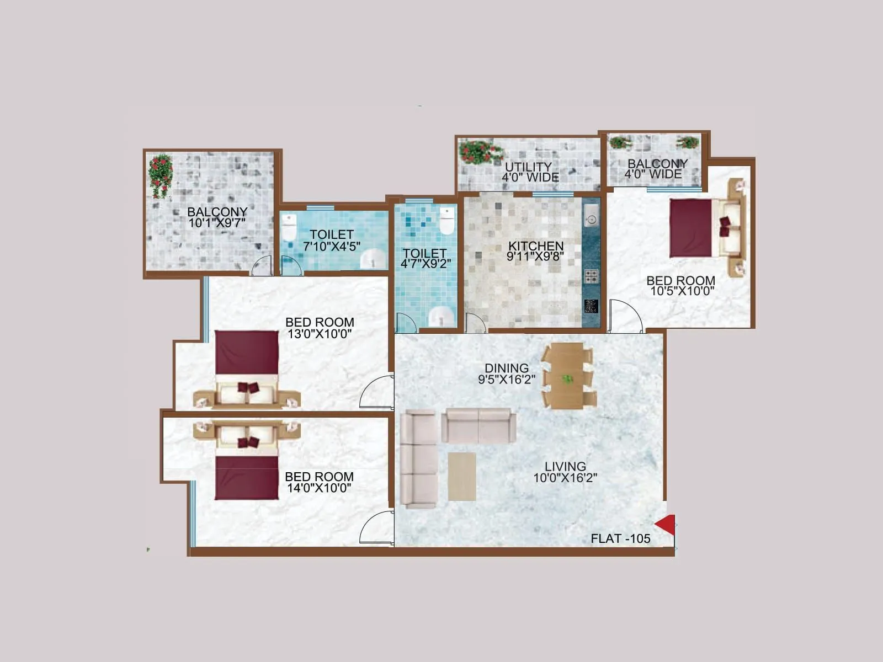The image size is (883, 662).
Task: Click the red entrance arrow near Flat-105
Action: [666, 525]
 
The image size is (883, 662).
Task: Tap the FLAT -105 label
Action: [620, 538]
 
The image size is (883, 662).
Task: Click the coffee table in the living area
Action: [462, 477]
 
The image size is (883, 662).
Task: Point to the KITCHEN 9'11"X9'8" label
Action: [535, 251]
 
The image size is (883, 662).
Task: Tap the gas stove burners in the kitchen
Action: [591, 275]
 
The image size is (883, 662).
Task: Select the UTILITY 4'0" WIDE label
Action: [529, 172]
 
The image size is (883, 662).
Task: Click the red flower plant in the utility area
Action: [480, 152]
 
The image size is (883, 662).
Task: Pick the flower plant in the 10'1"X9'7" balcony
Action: [161, 174]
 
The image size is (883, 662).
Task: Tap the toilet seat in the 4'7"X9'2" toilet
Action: [446, 221]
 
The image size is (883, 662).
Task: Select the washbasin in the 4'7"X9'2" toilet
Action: [441, 316]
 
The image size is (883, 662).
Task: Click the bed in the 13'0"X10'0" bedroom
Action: [247, 368]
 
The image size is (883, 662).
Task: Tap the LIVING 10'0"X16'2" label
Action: [565, 472]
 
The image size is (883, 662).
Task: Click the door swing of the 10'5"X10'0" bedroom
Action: [626, 317]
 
